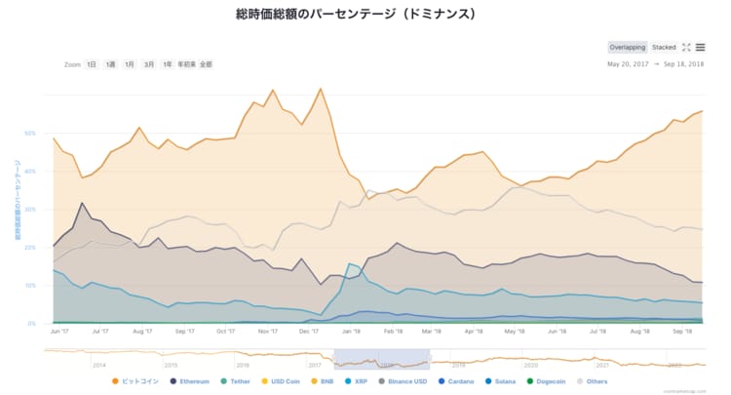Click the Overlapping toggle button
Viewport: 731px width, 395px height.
coord(627,47)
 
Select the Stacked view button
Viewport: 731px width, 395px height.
coord(664,47)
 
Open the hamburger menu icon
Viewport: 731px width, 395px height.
coord(700,47)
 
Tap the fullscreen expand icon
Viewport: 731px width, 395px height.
coord(686,47)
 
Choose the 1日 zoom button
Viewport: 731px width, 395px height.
coord(92,64)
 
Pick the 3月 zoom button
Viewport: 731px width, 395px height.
coord(148,64)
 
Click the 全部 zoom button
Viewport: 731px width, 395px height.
coord(205,64)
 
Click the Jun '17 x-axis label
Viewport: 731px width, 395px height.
coord(59,332)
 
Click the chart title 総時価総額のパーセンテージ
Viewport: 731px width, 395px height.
coord(355,15)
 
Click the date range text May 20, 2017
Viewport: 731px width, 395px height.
coord(627,64)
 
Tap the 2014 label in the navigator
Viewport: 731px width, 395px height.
coord(98,364)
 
